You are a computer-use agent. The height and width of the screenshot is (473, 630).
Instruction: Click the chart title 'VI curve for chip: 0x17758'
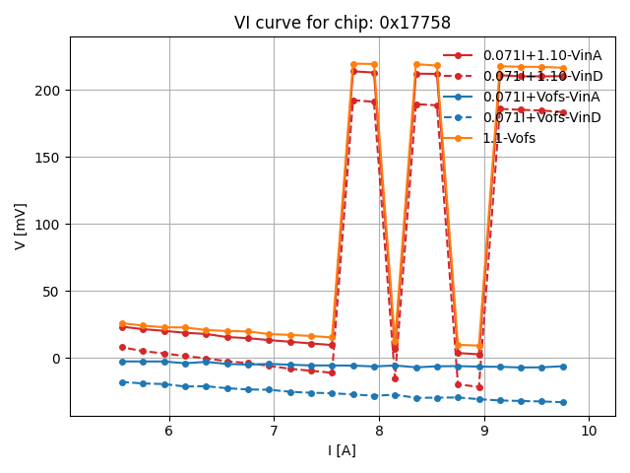[343, 23]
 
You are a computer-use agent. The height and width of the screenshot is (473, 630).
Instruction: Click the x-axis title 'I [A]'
[343, 450]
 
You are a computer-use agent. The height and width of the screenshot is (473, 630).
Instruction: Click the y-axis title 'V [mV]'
[21, 226]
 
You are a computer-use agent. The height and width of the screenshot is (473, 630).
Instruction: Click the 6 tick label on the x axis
[168, 431]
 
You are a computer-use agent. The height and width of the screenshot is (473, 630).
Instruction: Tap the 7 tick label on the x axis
[274, 431]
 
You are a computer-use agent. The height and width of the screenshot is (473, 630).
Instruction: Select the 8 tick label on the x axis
[379, 431]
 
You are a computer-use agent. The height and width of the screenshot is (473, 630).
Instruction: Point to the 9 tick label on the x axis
[484, 431]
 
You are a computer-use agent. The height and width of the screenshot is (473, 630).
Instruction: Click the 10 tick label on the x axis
[589, 431]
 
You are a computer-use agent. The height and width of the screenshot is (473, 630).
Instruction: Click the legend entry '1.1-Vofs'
[509, 138]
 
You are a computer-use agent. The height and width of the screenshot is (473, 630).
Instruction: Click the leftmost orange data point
[122, 323]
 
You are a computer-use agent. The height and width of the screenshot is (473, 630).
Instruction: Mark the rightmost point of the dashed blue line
[563, 402]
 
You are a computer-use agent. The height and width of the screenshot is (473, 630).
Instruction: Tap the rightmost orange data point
[563, 68]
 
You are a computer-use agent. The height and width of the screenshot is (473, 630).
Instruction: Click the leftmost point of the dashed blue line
[122, 382]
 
